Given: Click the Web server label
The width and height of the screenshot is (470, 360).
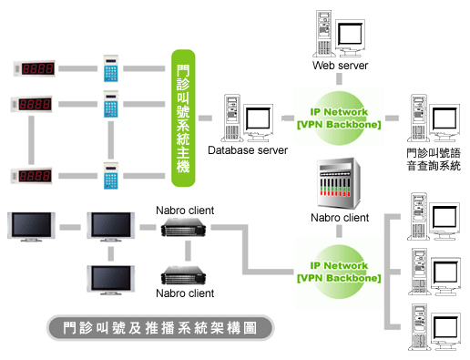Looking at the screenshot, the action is [340, 66].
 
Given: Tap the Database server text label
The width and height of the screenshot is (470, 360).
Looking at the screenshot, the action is [248, 150].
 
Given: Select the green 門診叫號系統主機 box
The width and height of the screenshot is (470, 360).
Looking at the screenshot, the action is [183, 118].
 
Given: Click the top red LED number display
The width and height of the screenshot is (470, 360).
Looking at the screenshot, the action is [35, 68].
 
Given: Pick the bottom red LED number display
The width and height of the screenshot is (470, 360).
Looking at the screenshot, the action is [32, 176].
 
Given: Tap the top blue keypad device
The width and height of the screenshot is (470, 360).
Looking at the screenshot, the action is [111, 68].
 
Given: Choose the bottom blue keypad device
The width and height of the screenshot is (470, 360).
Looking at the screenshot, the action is [111, 176].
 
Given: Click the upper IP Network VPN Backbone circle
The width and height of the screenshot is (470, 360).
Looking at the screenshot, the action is [339, 118].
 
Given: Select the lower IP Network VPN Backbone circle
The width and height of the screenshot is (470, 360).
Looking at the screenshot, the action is [339, 272].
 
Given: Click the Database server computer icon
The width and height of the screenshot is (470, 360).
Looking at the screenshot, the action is [248, 118].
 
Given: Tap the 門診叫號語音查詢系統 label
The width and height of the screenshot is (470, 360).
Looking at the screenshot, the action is [434, 159].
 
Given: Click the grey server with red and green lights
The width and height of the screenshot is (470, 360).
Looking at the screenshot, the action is [339, 183].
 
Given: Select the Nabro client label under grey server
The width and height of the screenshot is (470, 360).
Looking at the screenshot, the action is [340, 218].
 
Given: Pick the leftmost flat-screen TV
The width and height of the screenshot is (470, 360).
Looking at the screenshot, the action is [31, 227].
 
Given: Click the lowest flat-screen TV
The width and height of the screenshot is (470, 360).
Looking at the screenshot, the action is [111, 280].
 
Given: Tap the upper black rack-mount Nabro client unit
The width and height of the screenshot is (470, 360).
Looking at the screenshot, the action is [183, 228].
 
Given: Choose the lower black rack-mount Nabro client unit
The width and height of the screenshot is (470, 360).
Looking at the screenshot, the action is [183, 275].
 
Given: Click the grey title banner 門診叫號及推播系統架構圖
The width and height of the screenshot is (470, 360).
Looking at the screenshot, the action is [160, 328].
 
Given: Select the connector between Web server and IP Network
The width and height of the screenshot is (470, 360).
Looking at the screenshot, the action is [339, 79].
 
